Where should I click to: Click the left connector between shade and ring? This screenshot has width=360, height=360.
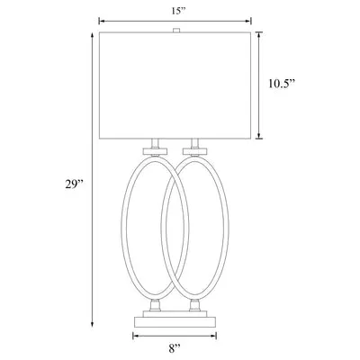pyautogui.click(x=155, y=146)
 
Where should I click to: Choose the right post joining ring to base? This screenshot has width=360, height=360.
pyautogui.click(x=193, y=305)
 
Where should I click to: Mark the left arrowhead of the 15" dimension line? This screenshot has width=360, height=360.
pyautogui.click(x=100, y=19)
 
